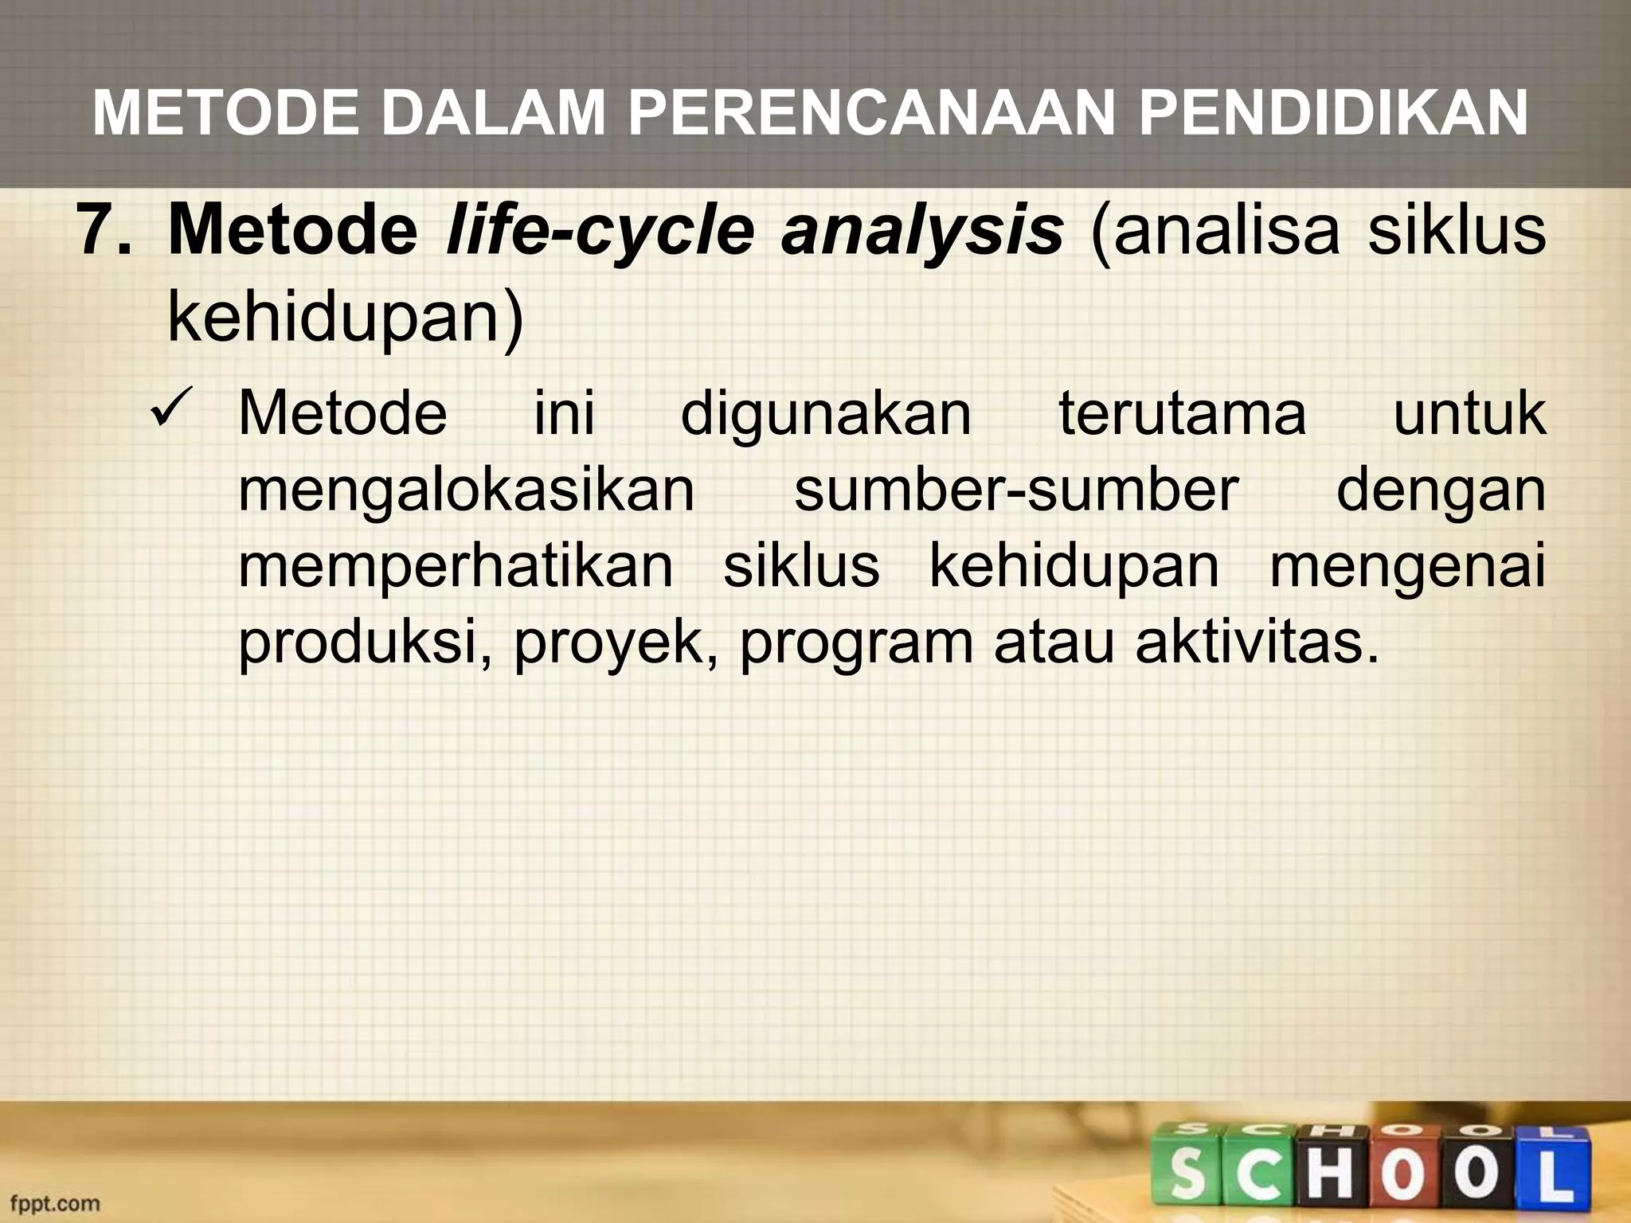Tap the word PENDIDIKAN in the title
point(1333,114)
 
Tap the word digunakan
point(826,414)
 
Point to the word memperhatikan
point(456,566)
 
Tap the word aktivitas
point(1256,643)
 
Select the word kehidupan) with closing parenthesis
point(346,316)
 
